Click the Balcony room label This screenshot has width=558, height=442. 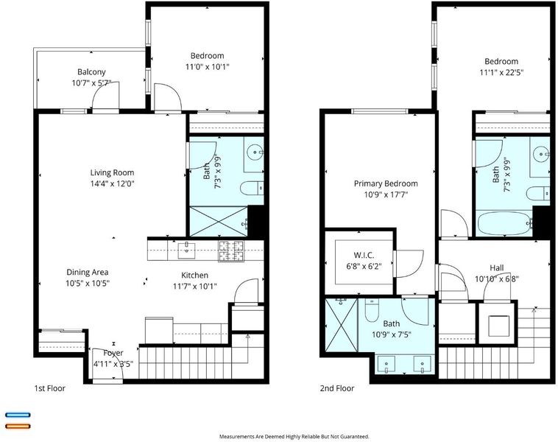[x=91, y=72]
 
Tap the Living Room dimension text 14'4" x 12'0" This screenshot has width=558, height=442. [x=112, y=183]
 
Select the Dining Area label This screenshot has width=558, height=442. [x=88, y=272]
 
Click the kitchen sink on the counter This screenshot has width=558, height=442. [x=187, y=250]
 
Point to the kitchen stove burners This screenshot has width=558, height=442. [x=231, y=251]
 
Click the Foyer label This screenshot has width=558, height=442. [x=113, y=353]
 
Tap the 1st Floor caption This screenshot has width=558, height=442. [x=50, y=388]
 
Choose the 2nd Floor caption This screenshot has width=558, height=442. [x=337, y=388]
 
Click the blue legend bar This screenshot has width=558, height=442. [x=18, y=415]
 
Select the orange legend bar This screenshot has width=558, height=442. [x=18, y=426]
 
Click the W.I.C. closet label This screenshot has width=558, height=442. [x=364, y=255]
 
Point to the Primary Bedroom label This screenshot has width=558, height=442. [x=386, y=183]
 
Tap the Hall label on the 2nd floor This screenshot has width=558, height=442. [x=496, y=268]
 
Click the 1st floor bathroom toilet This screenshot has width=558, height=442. [x=252, y=188]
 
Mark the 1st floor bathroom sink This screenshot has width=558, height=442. [x=256, y=152]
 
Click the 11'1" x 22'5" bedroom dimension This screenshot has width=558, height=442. [x=501, y=73]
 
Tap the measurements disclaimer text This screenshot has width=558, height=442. [x=294, y=436]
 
